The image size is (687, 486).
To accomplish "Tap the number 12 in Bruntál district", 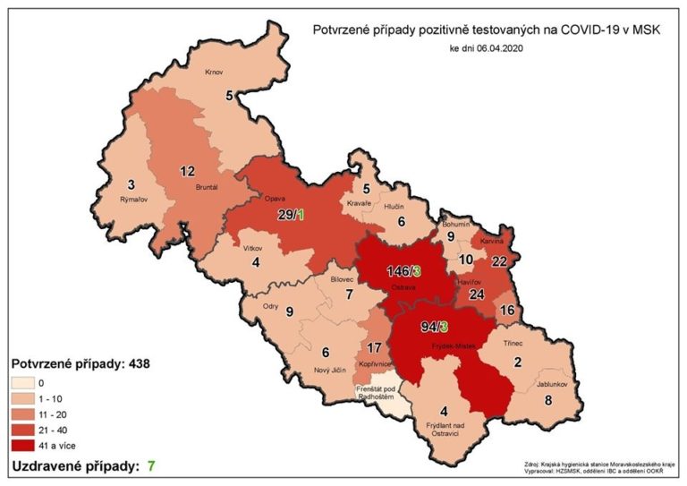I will pyautogui.click(x=188, y=171).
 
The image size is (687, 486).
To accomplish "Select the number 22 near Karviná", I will pyautogui.click(x=499, y=260).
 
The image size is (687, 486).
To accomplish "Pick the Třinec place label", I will pyautogui.click(x=523, y=342).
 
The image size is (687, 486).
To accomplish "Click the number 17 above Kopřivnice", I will pyautogui.click(x=375, y=348).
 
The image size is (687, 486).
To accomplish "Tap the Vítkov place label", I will pyautogui.click(x=253, y=247).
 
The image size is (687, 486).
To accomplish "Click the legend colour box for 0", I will pyautogui.click(x=27, y=382).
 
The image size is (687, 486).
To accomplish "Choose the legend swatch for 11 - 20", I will pyautogui.click(x=27, y=413).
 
